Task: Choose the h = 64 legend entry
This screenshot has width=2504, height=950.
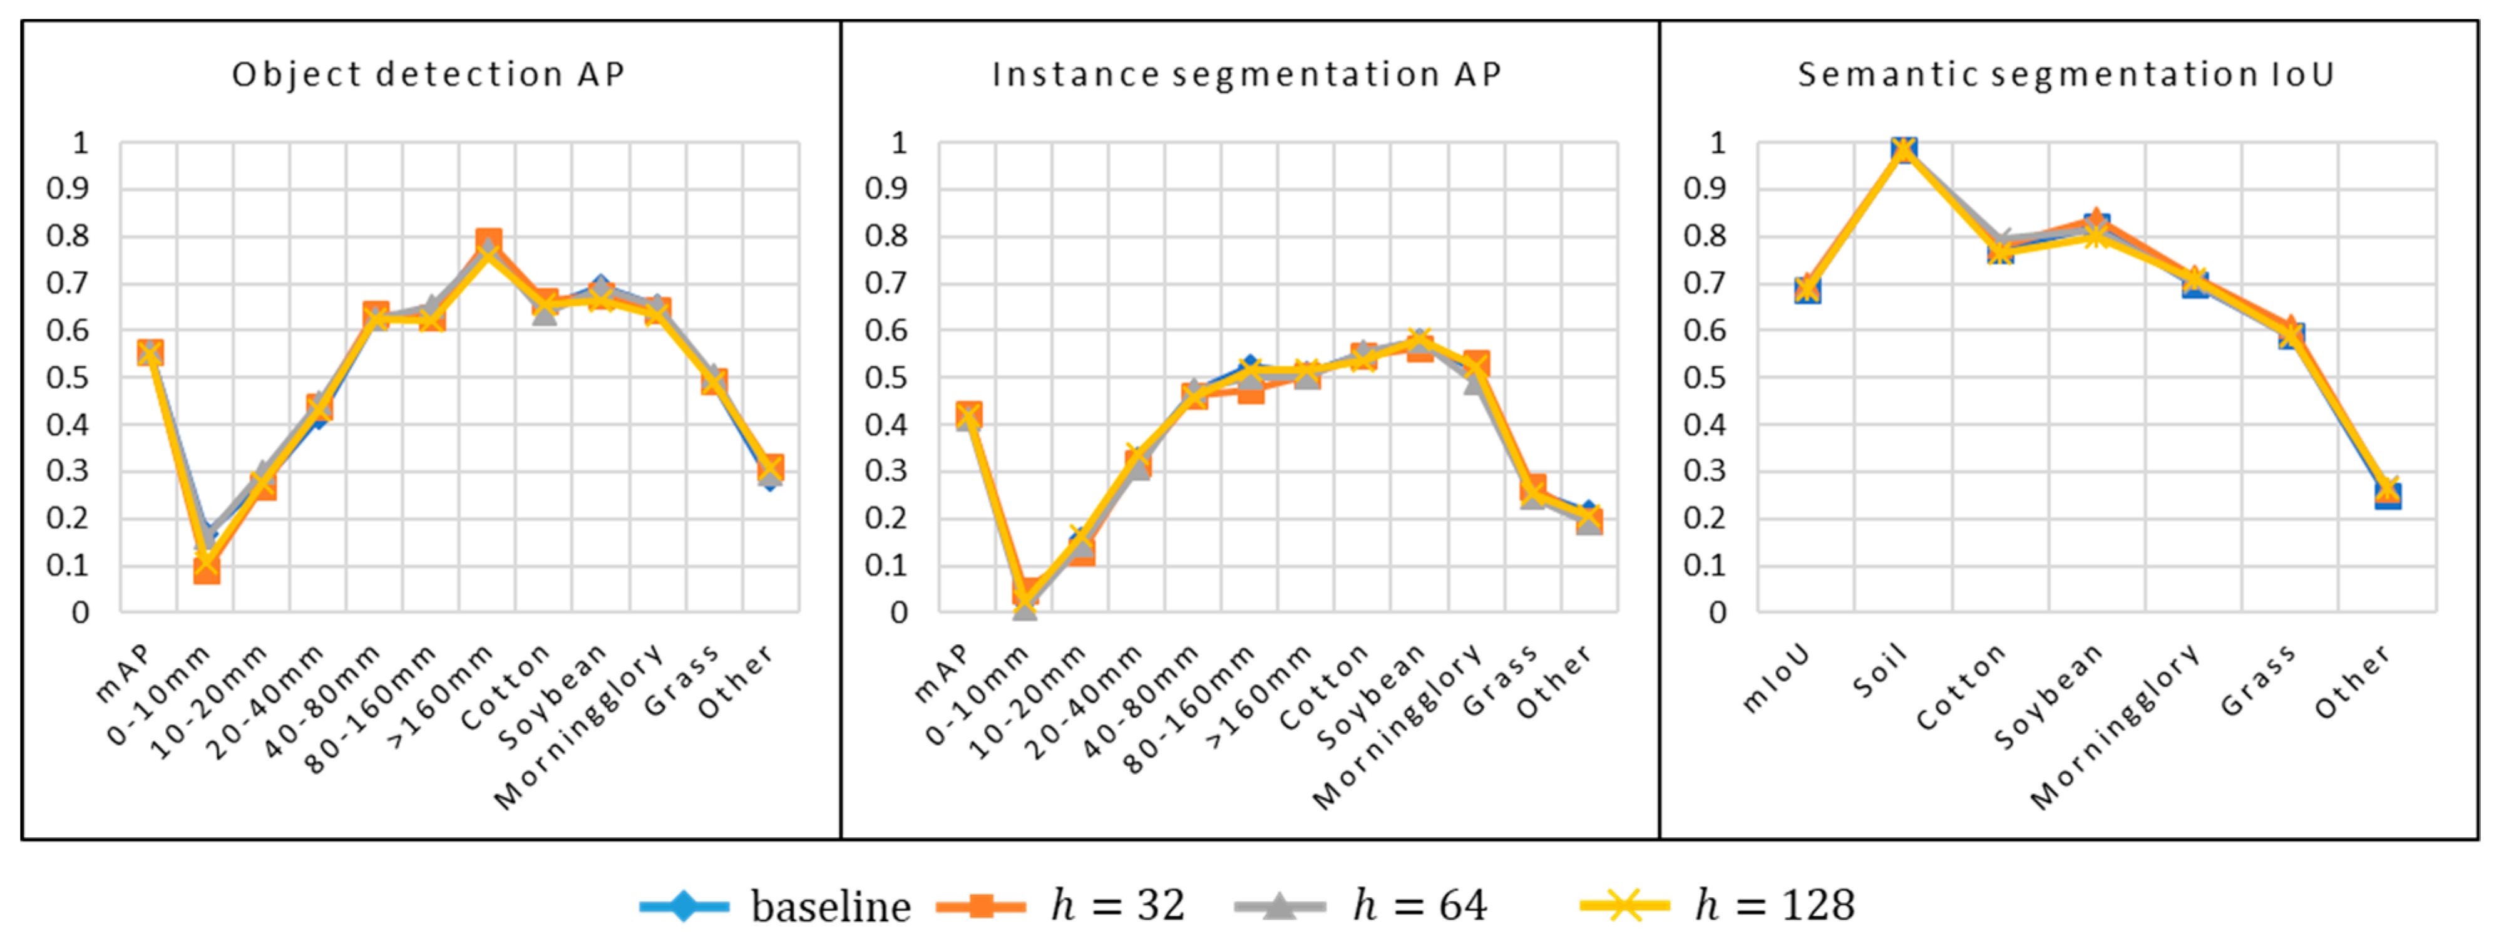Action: coord(1361,906)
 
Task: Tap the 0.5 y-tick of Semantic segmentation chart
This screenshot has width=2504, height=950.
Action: coord(1704,377)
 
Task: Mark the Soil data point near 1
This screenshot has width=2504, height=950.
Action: coord(1903,149)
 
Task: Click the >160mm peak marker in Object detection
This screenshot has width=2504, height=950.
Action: coord(488,243)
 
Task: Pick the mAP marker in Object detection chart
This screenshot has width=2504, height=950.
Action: coord(150,353)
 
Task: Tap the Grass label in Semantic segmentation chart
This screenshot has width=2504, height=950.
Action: coord(2257,681)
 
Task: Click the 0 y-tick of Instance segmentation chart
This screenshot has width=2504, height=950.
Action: coord(899,612)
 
